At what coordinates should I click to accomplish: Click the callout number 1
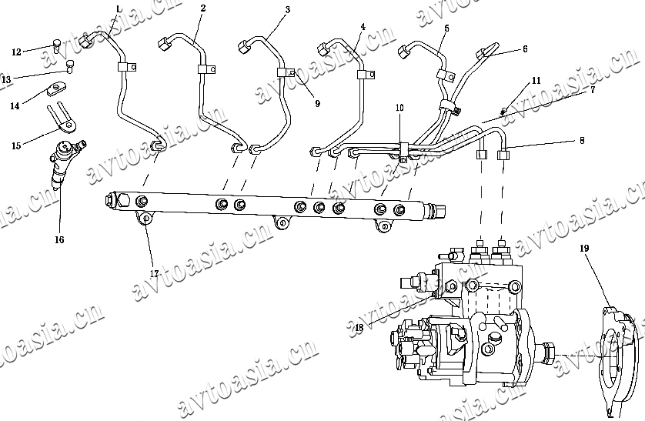pos(118,8)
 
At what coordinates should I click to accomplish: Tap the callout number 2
pos(202,8)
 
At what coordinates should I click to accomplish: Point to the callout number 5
pos(446,28)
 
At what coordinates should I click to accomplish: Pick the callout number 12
pos(16,52)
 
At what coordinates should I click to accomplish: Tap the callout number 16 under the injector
pos(59,239)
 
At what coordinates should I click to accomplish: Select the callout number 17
pos(154,273)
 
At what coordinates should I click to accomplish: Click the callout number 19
pos(584,249)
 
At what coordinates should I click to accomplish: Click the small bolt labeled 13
pos(70,65)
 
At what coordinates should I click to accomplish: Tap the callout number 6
pos(525,48)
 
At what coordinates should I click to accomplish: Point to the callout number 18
pos(359,328)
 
